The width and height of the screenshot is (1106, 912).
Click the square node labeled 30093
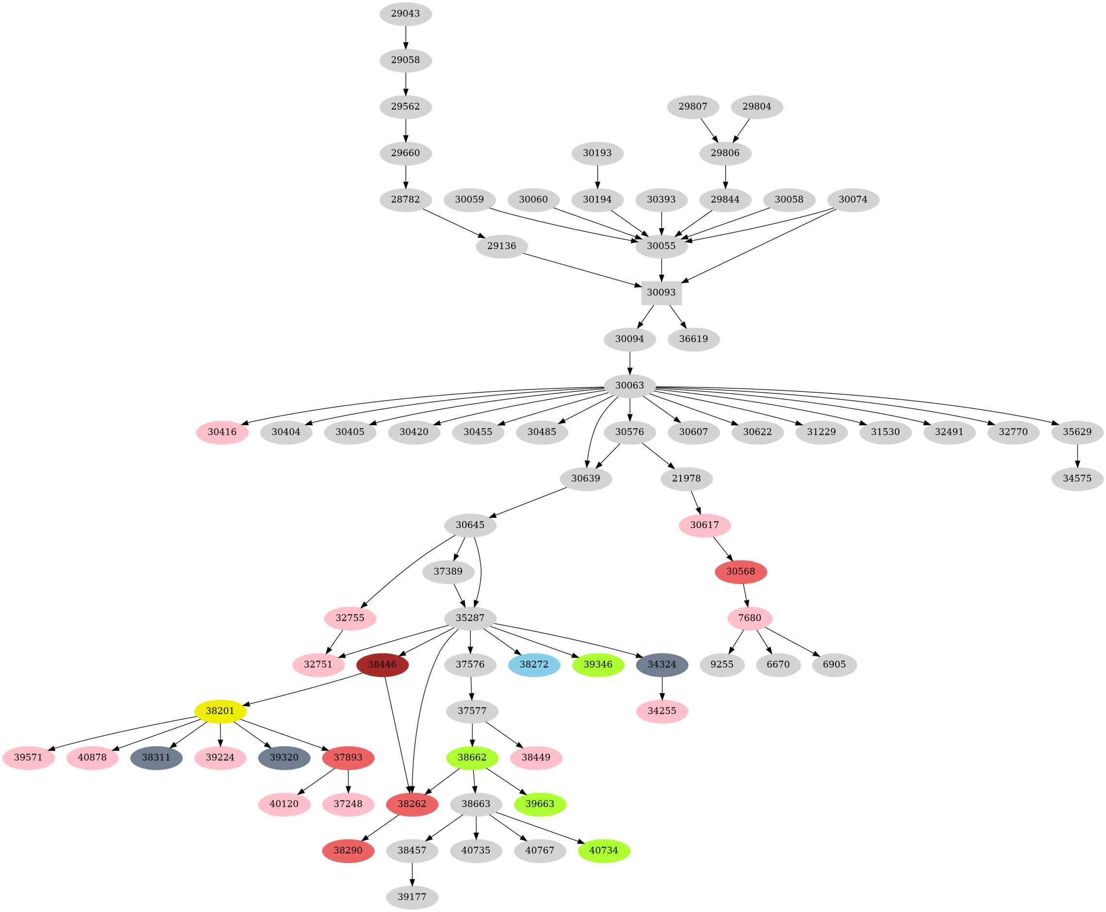[x=661, y=292]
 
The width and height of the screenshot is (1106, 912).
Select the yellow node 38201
[x=220, y=711]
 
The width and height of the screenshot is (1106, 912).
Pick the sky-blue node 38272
[x=534, y=664]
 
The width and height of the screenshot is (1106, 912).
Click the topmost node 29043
[x=405, y=14]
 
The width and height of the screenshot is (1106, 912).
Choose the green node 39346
[x=598, y=664]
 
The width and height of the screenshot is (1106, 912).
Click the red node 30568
[x=740, y=571]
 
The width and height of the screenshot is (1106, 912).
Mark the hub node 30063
[x=629, y=385]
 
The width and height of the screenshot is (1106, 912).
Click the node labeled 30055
[x=661, y=246]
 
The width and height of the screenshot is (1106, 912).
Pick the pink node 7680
[x=749, y=618]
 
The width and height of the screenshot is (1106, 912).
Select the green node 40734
[x=604, y=850]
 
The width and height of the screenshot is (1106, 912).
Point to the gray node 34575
[x=1077, y=479]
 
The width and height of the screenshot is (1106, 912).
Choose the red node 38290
[x=348, y=850]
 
